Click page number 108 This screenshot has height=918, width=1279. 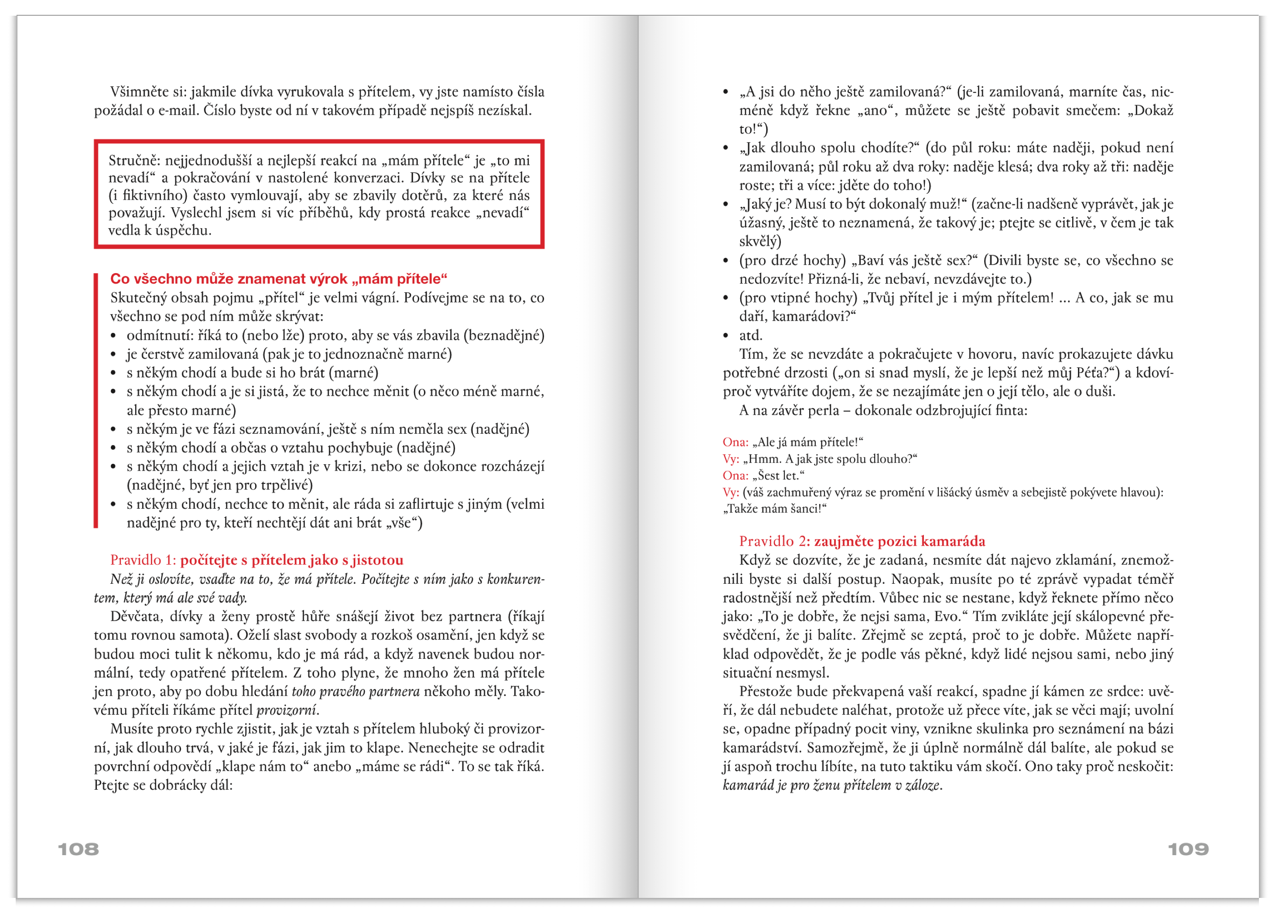click(79, 849)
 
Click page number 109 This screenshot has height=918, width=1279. click(1188, 849)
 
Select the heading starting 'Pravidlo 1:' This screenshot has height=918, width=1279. click(256, 560)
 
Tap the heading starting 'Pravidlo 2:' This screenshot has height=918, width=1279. click(862, 541)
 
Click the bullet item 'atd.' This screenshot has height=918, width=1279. click(751, 336)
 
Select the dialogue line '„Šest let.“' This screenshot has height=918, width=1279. click(778, 475)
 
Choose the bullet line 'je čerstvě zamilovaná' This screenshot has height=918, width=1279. click(289, 354)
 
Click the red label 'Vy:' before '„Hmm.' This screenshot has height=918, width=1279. click(731, 459)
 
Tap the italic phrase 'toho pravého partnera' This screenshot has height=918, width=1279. click(355, 691)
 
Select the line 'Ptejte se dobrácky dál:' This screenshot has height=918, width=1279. click(163, 785)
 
